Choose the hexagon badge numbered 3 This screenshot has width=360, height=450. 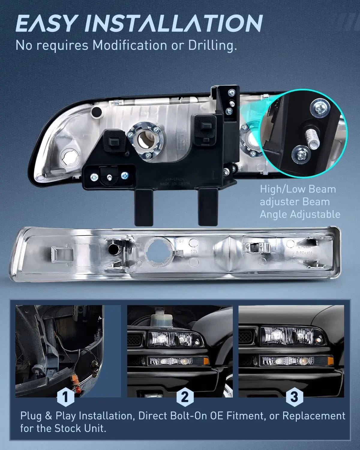(x=294, y=397)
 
